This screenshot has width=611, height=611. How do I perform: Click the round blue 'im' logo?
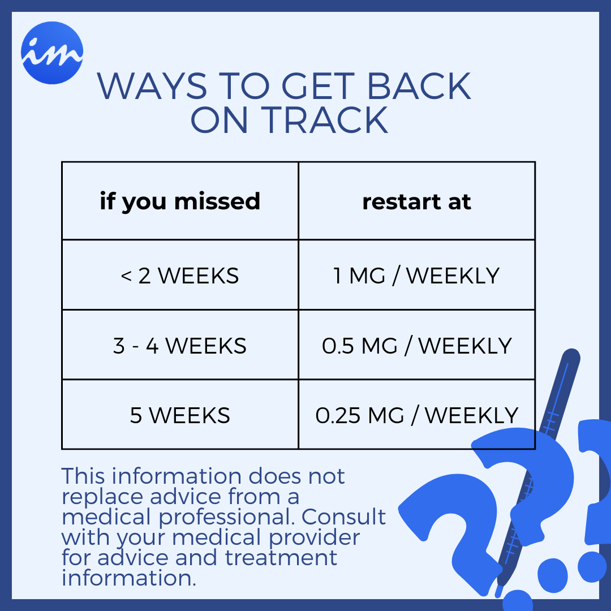(x=52, y=53)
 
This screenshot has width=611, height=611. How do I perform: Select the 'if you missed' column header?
(x=180, y=201)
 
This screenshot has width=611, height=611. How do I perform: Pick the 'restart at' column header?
(x=416, y=201)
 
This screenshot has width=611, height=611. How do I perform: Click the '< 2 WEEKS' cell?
(x=180, y=276)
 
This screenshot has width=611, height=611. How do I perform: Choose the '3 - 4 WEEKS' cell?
(x=180, y=346)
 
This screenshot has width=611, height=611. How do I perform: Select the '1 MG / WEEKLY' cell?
(x=416, y=276)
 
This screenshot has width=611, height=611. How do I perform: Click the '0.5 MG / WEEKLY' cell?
(x=416, y=346)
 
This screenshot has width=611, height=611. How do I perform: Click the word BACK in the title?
(x=419, y=87)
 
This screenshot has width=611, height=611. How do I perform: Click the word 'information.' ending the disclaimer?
(x=129, y=578)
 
